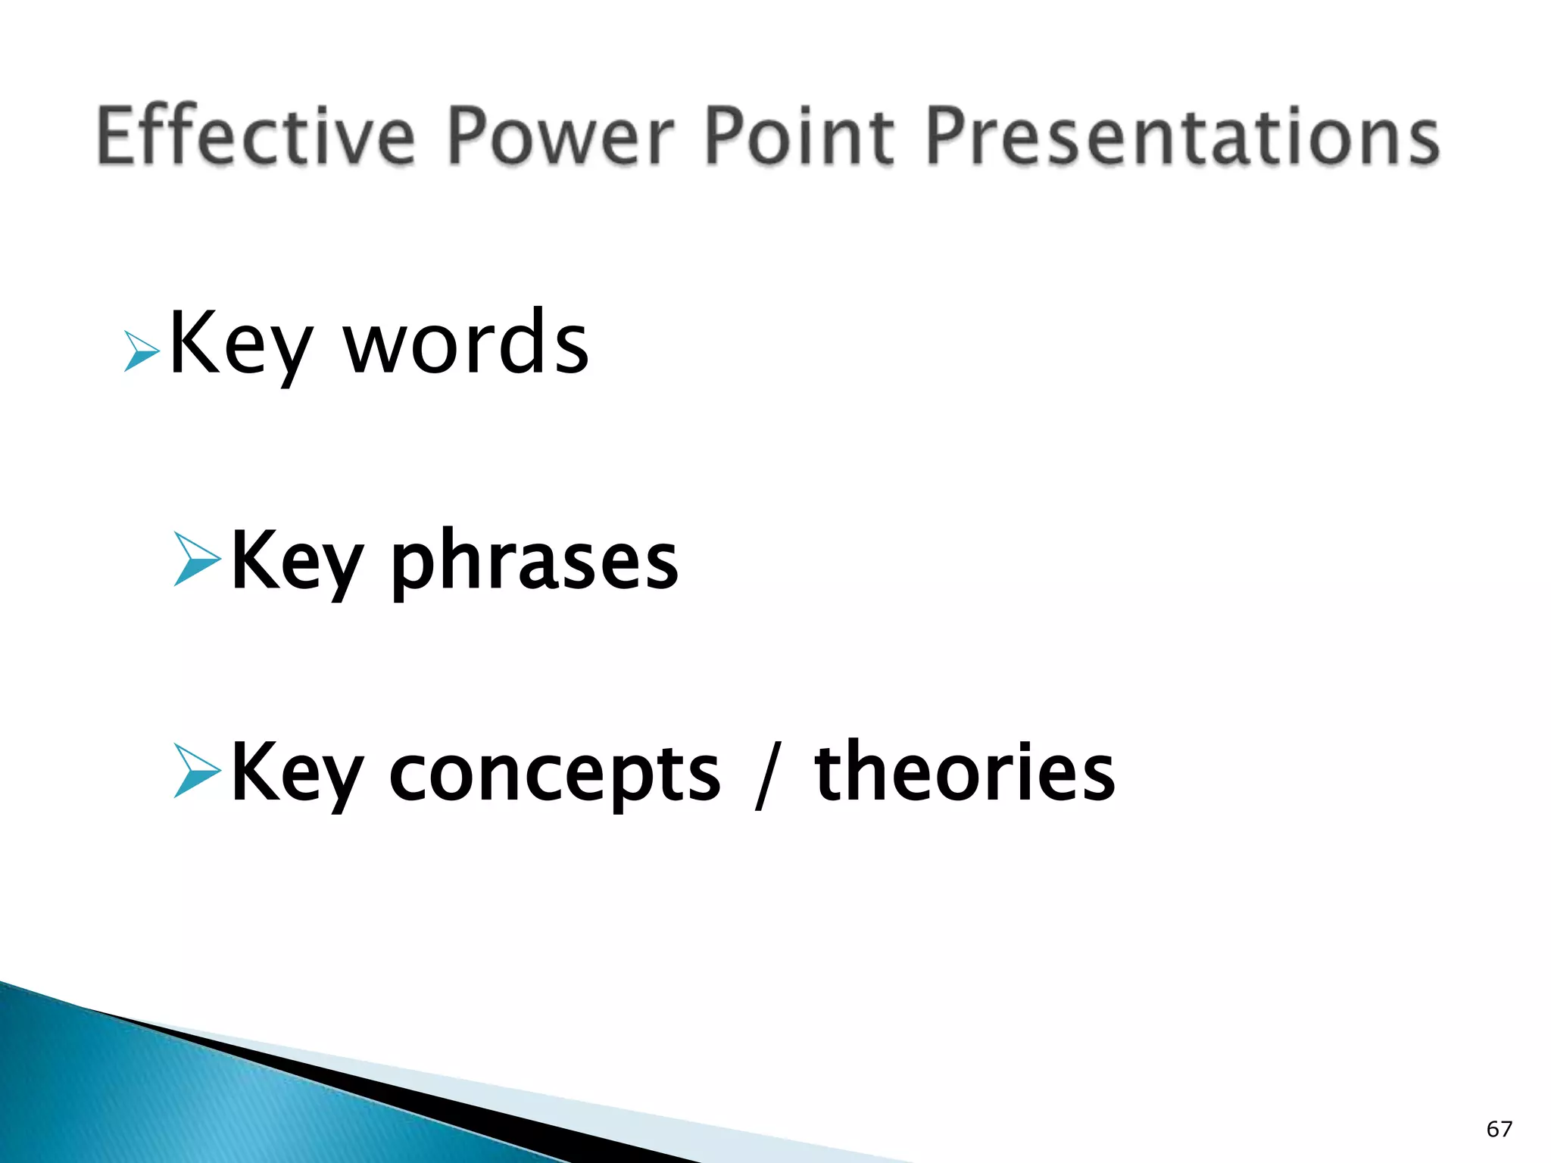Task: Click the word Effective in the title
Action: (x=256, y=136)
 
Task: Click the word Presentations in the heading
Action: (x=1181, y=136)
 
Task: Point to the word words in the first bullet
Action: (x=467, y=345)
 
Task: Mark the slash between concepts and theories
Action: (x=766, y=775)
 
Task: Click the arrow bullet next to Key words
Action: (x=141, y=352)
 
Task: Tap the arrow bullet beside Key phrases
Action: (x=197, y=560)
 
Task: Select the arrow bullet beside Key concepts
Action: (x=197, y=772)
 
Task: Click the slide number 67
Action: (x=1499, y=1129)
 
